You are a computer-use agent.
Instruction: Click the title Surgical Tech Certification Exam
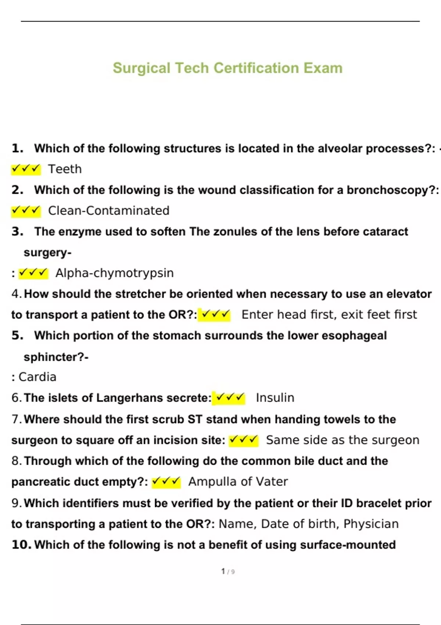[x=227, y=68]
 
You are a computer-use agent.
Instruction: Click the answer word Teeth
[x=65, y=169]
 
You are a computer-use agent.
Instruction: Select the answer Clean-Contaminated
[x=109, y=211]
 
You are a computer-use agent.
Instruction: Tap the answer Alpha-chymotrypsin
[x=114, y=273]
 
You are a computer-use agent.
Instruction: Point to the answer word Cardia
[x=37, y=377]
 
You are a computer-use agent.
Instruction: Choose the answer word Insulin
[x=275, y=398]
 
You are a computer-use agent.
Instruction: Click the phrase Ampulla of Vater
[x=238, y=482]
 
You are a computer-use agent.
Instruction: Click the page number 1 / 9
[x=228, y=571]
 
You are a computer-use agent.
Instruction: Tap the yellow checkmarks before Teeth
[x=26, y=169]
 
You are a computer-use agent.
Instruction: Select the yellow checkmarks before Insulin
[x=229, y=398]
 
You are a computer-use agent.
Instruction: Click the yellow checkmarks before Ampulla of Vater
[x=166, y=482]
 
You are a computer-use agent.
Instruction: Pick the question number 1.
[x=17, y=149]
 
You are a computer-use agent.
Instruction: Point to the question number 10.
[x=21, y=545]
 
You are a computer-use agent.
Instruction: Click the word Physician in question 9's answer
[x=371, y=524]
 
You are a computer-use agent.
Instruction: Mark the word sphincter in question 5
[x=51, y=357]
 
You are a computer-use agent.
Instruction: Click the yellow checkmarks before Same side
[x=243, y=440]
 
